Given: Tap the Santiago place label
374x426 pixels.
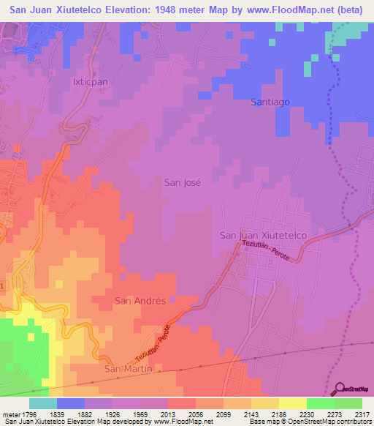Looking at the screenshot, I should pos(271,103).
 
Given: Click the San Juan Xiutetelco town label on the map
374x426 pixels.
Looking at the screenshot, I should pos(272,235).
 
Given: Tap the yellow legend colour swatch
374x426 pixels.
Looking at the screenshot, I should pos(292,403).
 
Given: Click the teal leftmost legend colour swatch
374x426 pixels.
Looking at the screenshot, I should pos(42,403).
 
